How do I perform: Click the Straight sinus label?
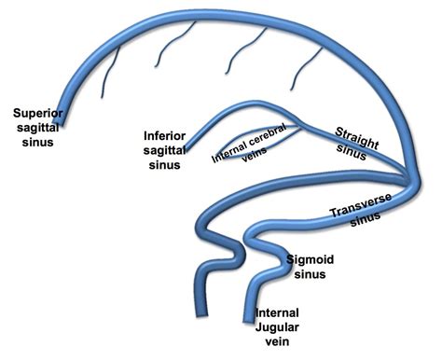[357, 141]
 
